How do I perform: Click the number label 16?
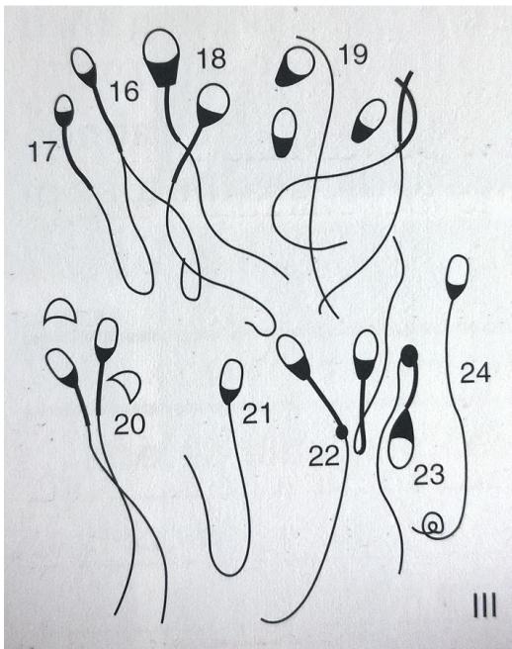(125, 92)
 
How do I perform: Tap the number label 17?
(43, 151)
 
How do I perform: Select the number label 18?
(212, 58)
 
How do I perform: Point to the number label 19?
(352, 53)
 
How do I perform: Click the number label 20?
(129, 424)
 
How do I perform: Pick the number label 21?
(256, 414)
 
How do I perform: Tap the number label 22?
(324, 456)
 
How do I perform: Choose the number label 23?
(429, 474)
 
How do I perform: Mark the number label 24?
(475, 372)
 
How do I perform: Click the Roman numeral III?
(484, 605)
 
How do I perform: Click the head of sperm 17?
(64, 110)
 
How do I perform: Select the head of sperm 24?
(458, 276)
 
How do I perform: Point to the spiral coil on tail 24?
(432, 526)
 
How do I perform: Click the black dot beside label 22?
(342, 431)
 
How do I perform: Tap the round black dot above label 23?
(409, 355)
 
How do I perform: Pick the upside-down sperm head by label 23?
(401, 438)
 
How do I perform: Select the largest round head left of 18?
(162, 57)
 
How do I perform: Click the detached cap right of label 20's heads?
(127, 385)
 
